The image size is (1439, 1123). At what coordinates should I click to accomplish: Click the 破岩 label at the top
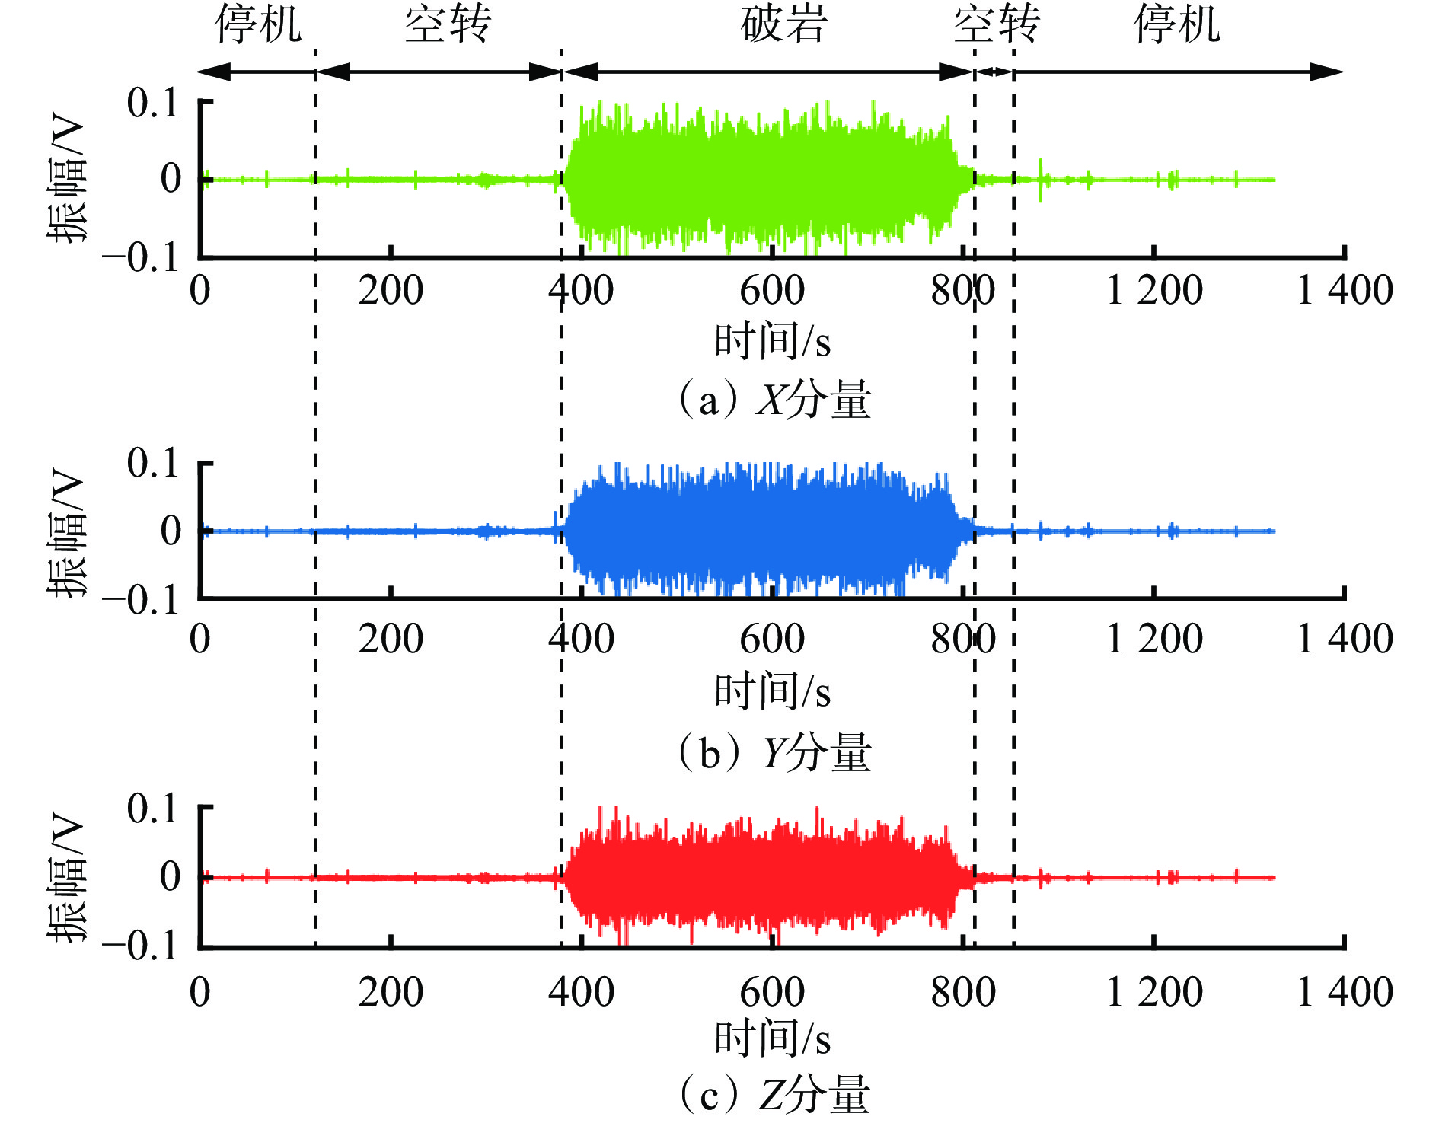pyautogui.click(x=783, y=24)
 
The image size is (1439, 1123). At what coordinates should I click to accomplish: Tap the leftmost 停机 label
pyautogui.click(x=258, y=24)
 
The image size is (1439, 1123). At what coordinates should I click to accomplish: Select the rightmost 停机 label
pyautogui.click(x=1177, y=24)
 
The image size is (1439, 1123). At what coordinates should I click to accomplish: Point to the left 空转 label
pyautogui.click(x=448, y=24)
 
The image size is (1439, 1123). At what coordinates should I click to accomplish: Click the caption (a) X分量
pyautogui.click(x=774, y=399)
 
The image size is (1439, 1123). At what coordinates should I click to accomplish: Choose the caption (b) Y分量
pyautogui.click(x=774, y=752)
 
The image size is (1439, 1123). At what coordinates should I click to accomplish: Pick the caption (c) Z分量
pyautogui.click(x=774, y=1095)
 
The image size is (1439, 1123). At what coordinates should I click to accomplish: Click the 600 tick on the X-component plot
pyautogui.click(x=772, y=291)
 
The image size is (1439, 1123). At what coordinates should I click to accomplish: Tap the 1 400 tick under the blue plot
pyautogui.click(x=1345, y=638)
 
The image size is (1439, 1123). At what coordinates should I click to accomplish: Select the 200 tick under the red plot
pyautogui.click(x=391, y=991)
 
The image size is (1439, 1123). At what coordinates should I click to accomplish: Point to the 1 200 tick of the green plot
pyautogui.click(x=1154, y=291)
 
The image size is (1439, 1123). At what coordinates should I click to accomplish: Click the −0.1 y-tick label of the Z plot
pyautogui.click(x=142, y=946)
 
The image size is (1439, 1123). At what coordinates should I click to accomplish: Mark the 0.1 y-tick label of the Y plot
pyautogui.click(x=152, y=463)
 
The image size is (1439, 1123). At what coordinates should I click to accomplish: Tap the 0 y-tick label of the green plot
pyautogui.click(x=171, y=179)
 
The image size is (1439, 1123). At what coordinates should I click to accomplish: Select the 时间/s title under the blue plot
pyautogui.click(x=772, y=691)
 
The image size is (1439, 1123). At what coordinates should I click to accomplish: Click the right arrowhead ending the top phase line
pyautogui.click(x=1329, y=72)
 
